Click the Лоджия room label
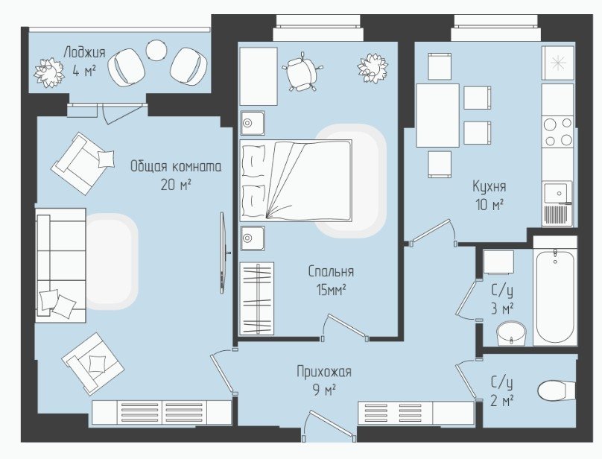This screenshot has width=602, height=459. (x=84, y=52)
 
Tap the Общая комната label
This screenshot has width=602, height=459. (x=176, y=167)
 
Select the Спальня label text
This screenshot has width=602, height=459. (x=331, y=271)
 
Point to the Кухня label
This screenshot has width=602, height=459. (x=489, y=187)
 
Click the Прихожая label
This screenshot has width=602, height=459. (x=324, y=372)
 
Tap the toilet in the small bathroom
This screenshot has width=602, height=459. (x=557, y=390)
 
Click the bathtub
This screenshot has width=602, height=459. (x=555, y=296)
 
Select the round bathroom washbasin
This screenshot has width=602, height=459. (x=511, y=333)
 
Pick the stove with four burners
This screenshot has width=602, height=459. (x=558, y=132)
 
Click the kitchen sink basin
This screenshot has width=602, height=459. (x=557, y=193)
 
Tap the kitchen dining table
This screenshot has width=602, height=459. (x=437, y=115)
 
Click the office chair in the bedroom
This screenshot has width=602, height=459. (x=302, y=72)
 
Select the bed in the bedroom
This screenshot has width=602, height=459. (x=296, y=180)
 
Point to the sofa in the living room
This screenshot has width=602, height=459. (x=60, y=265)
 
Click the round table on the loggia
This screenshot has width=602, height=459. (x=156, y=51)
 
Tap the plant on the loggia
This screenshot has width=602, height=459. (x=48, y=72)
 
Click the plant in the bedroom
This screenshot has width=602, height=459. (x=372, y=68)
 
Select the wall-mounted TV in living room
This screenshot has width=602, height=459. (x=224, y=253)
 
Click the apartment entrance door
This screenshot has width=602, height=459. (x=329, y=425)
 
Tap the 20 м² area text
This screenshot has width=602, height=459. (x=176, y=185)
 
